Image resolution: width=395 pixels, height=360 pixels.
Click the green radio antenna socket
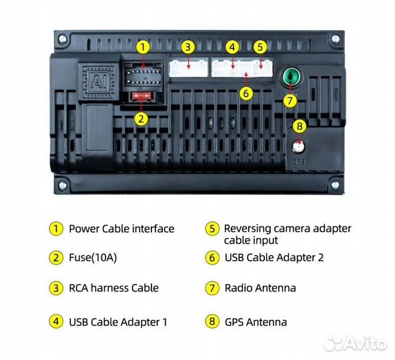pos(291,76)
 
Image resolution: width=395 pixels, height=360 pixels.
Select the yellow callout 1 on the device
pos(143,47)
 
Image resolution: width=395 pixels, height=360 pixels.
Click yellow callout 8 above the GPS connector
pos(300,126)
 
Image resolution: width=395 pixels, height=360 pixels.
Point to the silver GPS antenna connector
pos(299,147)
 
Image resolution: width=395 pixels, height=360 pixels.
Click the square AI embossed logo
pos(99,81)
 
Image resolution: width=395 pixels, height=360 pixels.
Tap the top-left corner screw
pos(62,39)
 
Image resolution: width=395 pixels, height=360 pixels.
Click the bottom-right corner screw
pos(335,185)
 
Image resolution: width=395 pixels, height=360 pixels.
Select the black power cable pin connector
pos(143,74)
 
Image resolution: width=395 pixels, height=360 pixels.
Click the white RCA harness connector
pos(189,68)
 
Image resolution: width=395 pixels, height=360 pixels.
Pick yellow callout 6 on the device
pos(246,93)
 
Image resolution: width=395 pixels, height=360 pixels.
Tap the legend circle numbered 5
pos(212,229)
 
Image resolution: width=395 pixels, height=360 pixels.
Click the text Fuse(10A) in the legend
pos(93,257)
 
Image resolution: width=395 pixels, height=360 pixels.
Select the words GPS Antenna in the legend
pos(256,322)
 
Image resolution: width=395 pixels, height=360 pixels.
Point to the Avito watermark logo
pos(356,343)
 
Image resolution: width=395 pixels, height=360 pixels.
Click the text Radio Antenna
pos(260,288)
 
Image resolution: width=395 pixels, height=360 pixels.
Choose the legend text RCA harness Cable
pos(114,288)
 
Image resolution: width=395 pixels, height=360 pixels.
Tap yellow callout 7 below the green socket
pos(290,101)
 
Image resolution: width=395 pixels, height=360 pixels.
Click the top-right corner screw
pos(336,39)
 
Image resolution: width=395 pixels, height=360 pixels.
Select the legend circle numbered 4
pos(56,321)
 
